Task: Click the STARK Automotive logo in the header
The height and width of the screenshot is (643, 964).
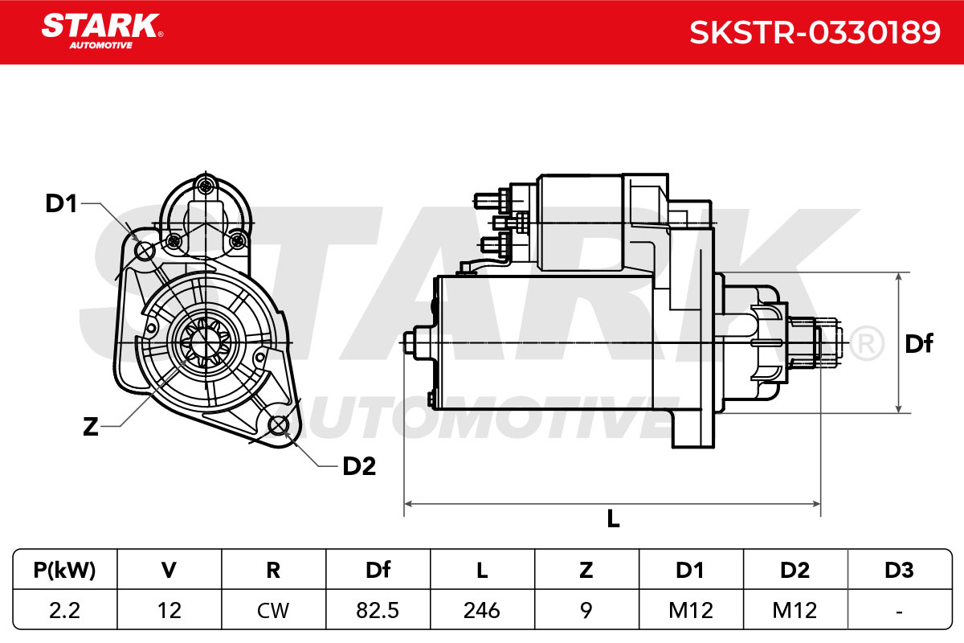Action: click(x=102, y=31)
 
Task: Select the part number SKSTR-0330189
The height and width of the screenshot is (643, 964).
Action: click(x=815, y=32)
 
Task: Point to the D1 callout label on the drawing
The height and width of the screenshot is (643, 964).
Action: click(x=61, y=203)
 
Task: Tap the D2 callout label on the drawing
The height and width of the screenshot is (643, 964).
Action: click(x=359, y=466)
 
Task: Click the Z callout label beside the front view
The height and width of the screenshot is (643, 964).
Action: click(x=90, y=427)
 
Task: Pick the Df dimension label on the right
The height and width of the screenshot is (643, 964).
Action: click(x=919, y=344)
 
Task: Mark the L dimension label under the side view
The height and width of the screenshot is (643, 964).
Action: click(x=613, y=518)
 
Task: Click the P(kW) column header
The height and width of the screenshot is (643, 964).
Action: click(x=64, y=570)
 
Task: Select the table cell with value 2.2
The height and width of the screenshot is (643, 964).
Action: click(x=64, y=610)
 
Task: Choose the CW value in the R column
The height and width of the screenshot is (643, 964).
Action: click(x=273, y=610)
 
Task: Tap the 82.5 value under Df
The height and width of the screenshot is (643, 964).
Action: click(x=378, y=610)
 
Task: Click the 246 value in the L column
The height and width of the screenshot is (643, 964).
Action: click(x=481, y=610)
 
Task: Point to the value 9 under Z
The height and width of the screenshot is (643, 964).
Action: click(x=586, y=610)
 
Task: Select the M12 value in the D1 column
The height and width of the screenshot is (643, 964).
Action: click(x=691, y=610)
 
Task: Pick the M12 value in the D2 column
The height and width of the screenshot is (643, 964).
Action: click(x=794, y=610)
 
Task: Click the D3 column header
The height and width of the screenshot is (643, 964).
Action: click(x=899, y=570)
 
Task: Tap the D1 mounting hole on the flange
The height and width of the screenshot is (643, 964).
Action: click(x=145, y=250)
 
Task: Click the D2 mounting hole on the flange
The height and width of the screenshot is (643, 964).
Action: click(x=279, y=425)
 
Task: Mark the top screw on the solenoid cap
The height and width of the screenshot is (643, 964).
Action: click(x=206, y=186)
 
